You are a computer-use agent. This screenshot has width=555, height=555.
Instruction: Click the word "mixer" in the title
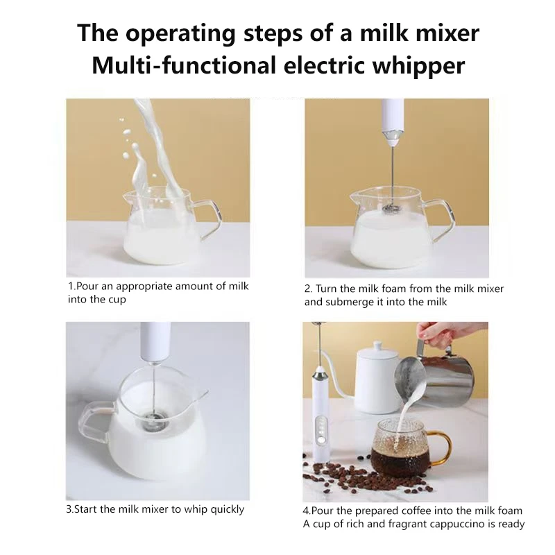(447, 33)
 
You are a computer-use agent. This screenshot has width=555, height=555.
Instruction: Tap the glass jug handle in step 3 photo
(98, 420)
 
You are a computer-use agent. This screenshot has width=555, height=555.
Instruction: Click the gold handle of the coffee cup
(441, 447)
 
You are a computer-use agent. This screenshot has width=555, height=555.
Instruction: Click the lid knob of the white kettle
(378, 345)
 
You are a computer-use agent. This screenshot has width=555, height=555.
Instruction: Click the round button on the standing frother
(321, 441)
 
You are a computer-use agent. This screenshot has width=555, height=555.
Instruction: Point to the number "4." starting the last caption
(307, 511)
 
